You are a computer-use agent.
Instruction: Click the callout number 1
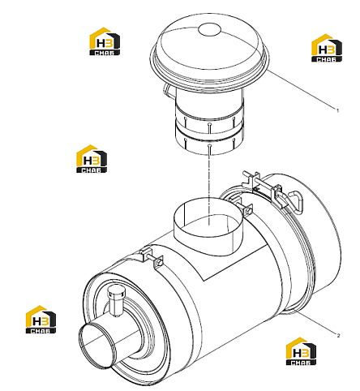(337, 110)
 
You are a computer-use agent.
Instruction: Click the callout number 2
(338, 336)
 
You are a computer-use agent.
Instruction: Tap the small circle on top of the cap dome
(210, 29)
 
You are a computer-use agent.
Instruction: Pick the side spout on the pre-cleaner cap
(169, 90)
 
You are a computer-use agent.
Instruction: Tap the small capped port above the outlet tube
(116, 302)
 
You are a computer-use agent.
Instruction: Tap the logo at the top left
(105, 41)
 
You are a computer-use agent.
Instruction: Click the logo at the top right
(327, 48)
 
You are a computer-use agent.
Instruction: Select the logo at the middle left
(92, 159)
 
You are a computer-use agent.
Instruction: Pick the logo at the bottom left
(41, 320)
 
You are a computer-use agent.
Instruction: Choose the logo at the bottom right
(301, 351)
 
